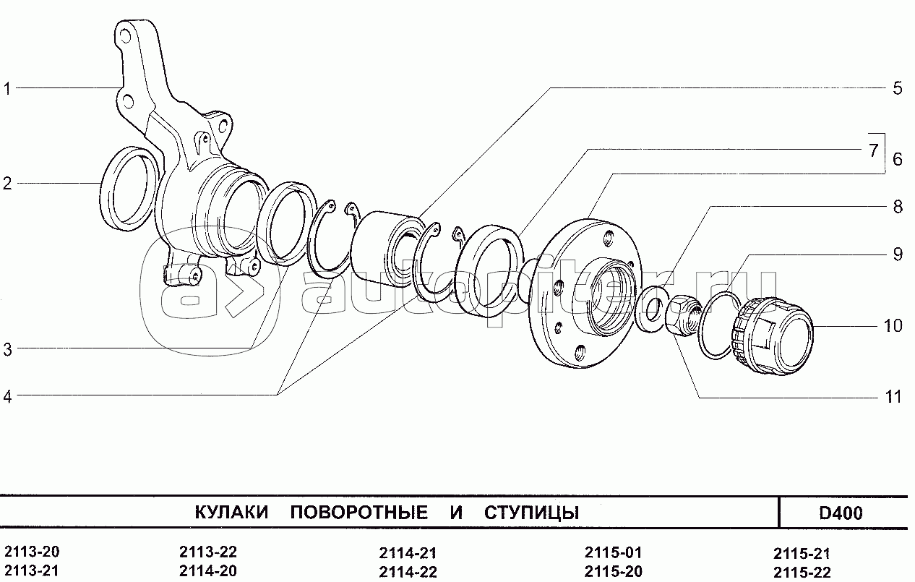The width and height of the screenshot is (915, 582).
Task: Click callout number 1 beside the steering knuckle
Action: point(7,88)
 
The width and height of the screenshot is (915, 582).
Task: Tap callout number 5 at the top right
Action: point(897,88)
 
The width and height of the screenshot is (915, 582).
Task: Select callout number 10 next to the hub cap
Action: point(893,326)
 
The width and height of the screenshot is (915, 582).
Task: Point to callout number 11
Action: point(893,396)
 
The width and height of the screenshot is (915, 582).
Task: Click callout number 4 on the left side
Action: point(7,396)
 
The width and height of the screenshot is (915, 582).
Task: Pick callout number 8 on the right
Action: point(898,207)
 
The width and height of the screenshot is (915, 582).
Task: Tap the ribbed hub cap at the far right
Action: point(772,336)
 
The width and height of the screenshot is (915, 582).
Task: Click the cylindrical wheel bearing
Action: point(386,250)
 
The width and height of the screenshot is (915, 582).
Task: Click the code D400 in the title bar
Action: point(841,513)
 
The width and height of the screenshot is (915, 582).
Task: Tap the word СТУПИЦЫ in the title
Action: point(532,513)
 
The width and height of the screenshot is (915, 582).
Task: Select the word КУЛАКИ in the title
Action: point(231,512)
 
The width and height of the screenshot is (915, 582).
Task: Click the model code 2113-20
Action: point(32,552)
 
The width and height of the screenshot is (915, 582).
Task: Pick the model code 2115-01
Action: point(614,552)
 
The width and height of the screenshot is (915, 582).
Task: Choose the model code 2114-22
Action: point(408,571)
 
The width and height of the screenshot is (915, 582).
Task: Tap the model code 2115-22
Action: point(802,571)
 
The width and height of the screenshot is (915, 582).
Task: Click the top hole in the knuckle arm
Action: point(124,36)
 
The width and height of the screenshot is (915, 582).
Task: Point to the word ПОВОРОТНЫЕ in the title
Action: point(359,512)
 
